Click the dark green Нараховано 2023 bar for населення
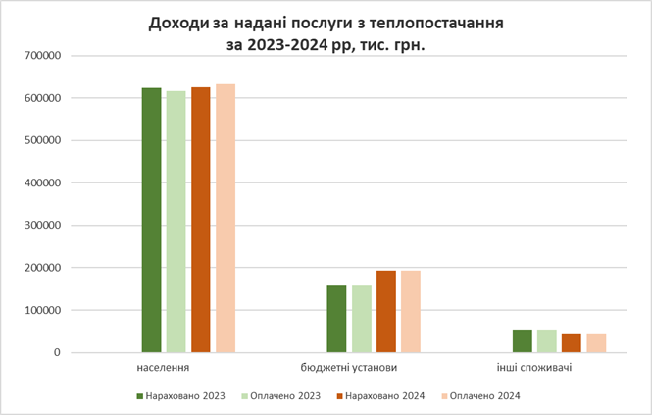point(151,220)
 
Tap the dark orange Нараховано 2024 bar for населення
point(201,220)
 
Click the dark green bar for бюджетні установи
point(336,319)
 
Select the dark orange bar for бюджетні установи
point(386,311)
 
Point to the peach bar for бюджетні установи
point(411,311)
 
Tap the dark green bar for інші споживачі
point(522,340)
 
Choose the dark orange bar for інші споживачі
point(572,342)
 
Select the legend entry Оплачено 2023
point(284,396)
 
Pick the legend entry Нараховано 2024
point(382,396)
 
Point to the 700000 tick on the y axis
point(40,56)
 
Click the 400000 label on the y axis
point(40,183)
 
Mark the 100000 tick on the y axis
point(40,310)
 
